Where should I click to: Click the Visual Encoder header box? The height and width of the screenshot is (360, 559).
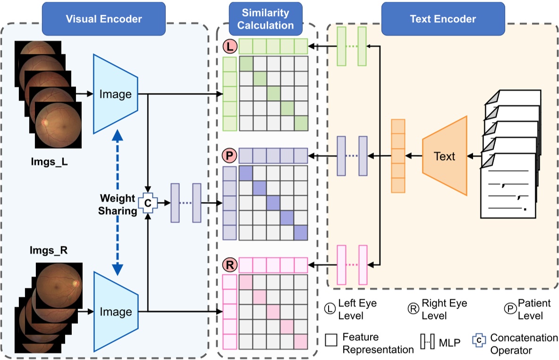click(104, 19)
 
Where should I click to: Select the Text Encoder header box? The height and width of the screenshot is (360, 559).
click(443, 19)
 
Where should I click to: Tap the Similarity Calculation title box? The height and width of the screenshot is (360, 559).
click(265, 19)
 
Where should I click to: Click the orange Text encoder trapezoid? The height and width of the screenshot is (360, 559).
click(444, 156)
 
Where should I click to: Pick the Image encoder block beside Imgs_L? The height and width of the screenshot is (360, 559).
click(116, 94)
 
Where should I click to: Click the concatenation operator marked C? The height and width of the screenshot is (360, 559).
click(148, 202)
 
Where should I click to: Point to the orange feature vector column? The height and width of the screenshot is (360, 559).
click(398, 156)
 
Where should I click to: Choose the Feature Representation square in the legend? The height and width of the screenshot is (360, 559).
click(331, 341)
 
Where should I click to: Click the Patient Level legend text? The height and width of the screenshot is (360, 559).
click(530, 309)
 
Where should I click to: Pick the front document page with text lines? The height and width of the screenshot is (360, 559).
click(508, 186)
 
